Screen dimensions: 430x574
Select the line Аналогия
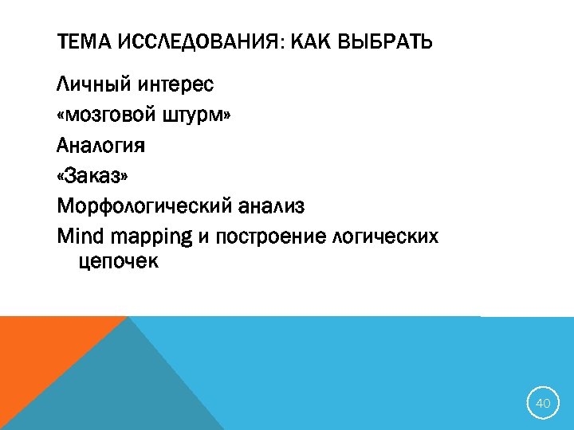coord(100,146)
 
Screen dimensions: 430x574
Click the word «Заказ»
coord(92,176)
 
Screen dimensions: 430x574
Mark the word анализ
coord(272,207)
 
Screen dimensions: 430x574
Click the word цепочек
coord(119,260)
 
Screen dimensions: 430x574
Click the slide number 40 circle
coord(543,404)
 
